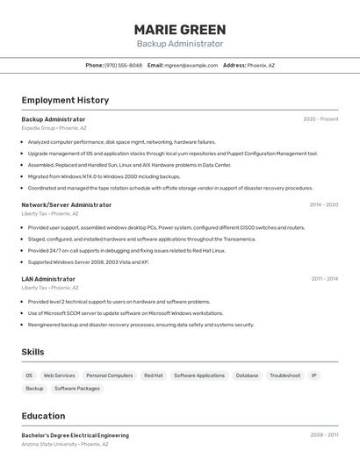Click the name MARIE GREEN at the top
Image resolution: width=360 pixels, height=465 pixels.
click(180, 29)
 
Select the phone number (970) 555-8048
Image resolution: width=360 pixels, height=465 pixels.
click(123, 65)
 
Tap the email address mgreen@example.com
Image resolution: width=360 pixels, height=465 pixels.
click(191, 65)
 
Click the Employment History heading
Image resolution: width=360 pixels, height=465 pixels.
click(65, 100)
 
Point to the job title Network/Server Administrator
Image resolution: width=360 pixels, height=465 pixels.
click(67, 204)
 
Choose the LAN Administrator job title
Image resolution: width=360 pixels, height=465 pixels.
click(48, 279)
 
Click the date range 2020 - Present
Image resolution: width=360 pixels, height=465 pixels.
click(320, 119)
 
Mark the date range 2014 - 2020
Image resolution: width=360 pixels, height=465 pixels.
click(323, 204)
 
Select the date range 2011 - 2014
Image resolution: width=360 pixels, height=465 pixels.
click(324, 279)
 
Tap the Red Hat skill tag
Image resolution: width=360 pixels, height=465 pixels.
click(154, 376)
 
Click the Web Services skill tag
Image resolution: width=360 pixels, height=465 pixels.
click(60, 376)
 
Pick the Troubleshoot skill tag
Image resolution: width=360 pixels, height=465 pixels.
click(284, 376)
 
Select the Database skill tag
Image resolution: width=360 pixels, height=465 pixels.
click(248, 376)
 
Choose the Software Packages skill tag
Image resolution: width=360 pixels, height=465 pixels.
click(77, 388)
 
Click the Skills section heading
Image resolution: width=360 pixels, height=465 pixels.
click(33, 352)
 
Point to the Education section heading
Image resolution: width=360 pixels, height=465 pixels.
click(43, 416)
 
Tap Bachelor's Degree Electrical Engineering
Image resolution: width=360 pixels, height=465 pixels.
click(76, 435)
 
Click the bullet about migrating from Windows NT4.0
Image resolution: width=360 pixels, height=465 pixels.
click(104, 176)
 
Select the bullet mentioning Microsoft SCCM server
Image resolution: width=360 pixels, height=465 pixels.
click(126, 313)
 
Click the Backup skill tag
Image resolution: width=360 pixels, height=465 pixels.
click(34, 388)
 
